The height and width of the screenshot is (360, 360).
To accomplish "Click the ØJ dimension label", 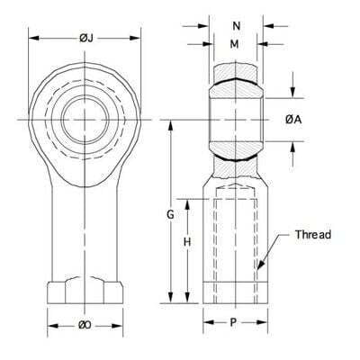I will click(x=85, y=37).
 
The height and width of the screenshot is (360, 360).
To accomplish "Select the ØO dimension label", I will click(x=85, y=325).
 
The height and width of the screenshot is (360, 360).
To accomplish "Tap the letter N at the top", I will click(x=236, y=25).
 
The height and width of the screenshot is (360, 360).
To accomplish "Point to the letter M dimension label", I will click(x=235, y=43).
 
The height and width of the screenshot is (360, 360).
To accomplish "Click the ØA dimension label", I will click(x=292, y=119).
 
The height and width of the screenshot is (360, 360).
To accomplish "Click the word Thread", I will click(x=313, y=235).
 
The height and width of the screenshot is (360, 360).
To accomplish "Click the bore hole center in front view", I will click(x=85, y=119).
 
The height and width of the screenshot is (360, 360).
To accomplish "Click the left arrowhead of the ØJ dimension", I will click(x=32, y=38).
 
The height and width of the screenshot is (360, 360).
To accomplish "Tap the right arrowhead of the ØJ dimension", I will click(x=140, y=38).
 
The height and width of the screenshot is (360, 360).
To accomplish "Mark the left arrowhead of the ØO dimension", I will click(x=49, y=325).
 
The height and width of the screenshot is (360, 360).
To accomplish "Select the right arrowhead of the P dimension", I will click(x=265, y=319).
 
